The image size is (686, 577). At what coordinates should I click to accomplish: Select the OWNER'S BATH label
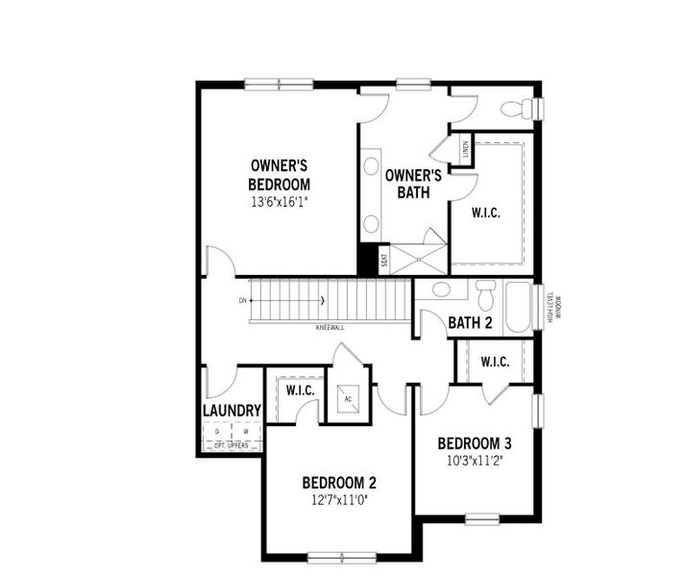(x=413, y=183)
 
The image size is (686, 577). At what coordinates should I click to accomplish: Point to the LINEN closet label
(x=464, y=149)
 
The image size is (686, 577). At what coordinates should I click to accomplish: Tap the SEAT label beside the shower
(x=384, y=259)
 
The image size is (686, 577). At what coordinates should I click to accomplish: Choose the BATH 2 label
(x=470, y=323)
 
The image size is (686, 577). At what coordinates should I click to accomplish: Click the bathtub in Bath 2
(x=518, y=307)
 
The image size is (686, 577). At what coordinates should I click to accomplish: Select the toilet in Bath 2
(x=485, y=292)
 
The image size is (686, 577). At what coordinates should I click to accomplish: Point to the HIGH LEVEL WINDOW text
(x=554, y=307)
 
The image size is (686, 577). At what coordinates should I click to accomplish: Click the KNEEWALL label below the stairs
(x=330, y=328)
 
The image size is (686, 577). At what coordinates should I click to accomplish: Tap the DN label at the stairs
(x=243, y=301)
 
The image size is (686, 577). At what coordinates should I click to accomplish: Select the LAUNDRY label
(x=232, y=411)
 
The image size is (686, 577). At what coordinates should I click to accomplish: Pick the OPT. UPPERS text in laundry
(x=233, y=444)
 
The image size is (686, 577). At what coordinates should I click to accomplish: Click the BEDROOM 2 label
(x=338, y=483)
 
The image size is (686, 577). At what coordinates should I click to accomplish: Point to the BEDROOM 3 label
(x=474, y=443)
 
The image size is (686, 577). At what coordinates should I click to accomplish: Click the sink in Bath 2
(x=442, y=289)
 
